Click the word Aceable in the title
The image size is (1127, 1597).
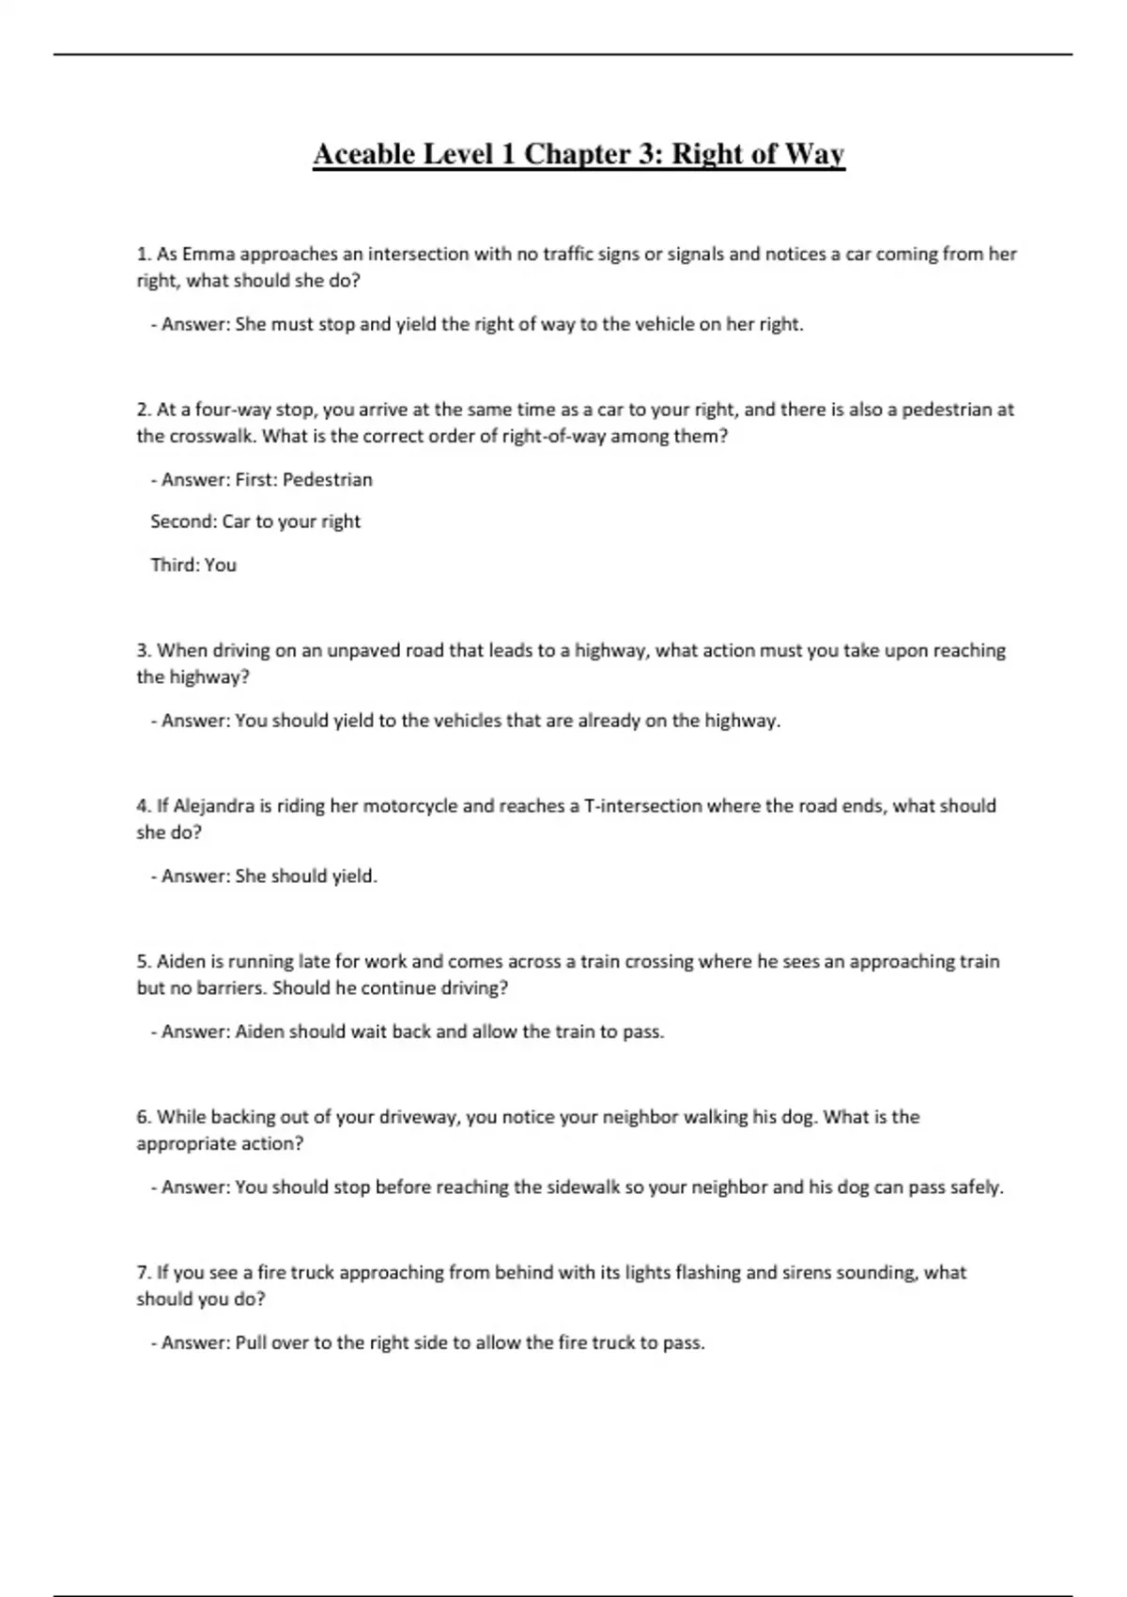[364, 153]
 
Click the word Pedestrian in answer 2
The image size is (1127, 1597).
[327, 479]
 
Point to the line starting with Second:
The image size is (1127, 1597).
[255, 521]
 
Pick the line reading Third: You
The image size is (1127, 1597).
[193, 565]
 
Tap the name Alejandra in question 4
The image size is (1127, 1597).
[214, 806]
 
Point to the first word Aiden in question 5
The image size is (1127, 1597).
[180, 961]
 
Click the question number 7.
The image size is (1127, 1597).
[144, 1273]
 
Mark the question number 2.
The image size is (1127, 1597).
[144, 410]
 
